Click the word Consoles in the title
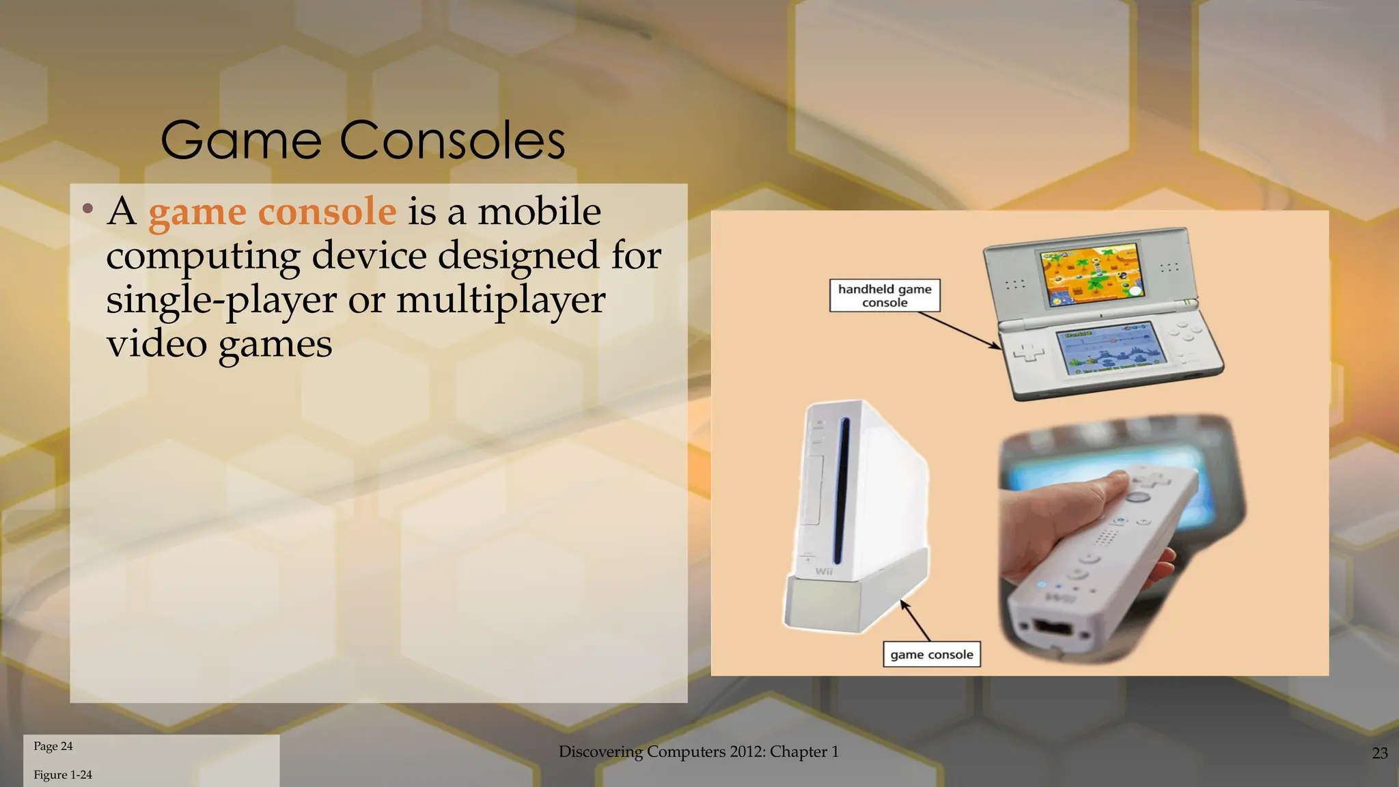[452, 140]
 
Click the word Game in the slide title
[240, 140]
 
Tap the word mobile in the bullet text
[539, 211]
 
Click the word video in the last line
[156, 343]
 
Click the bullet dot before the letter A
[87, 208]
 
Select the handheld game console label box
[885, 296]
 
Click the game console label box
[931, 654]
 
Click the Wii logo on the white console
[823, 571]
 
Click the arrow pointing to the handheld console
[960, 331]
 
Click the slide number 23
[1379, 753]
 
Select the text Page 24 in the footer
[53, 746]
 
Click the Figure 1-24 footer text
[63, 775]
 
